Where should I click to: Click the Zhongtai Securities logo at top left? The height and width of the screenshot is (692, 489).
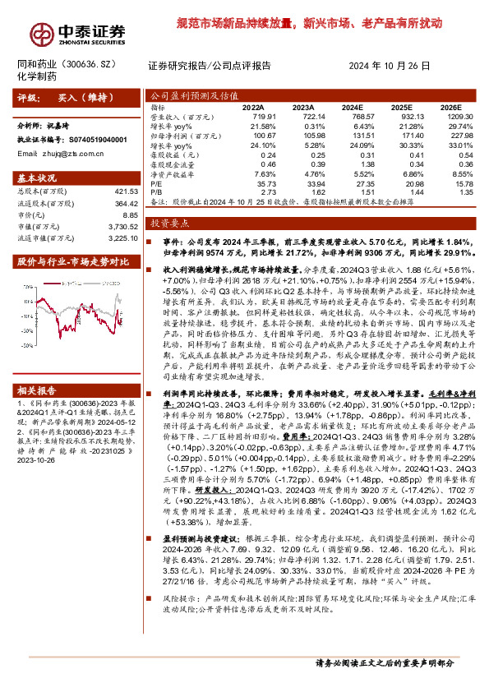click(x=79, y=30)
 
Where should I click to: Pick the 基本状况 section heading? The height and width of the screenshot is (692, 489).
click(x=38, y=178)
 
